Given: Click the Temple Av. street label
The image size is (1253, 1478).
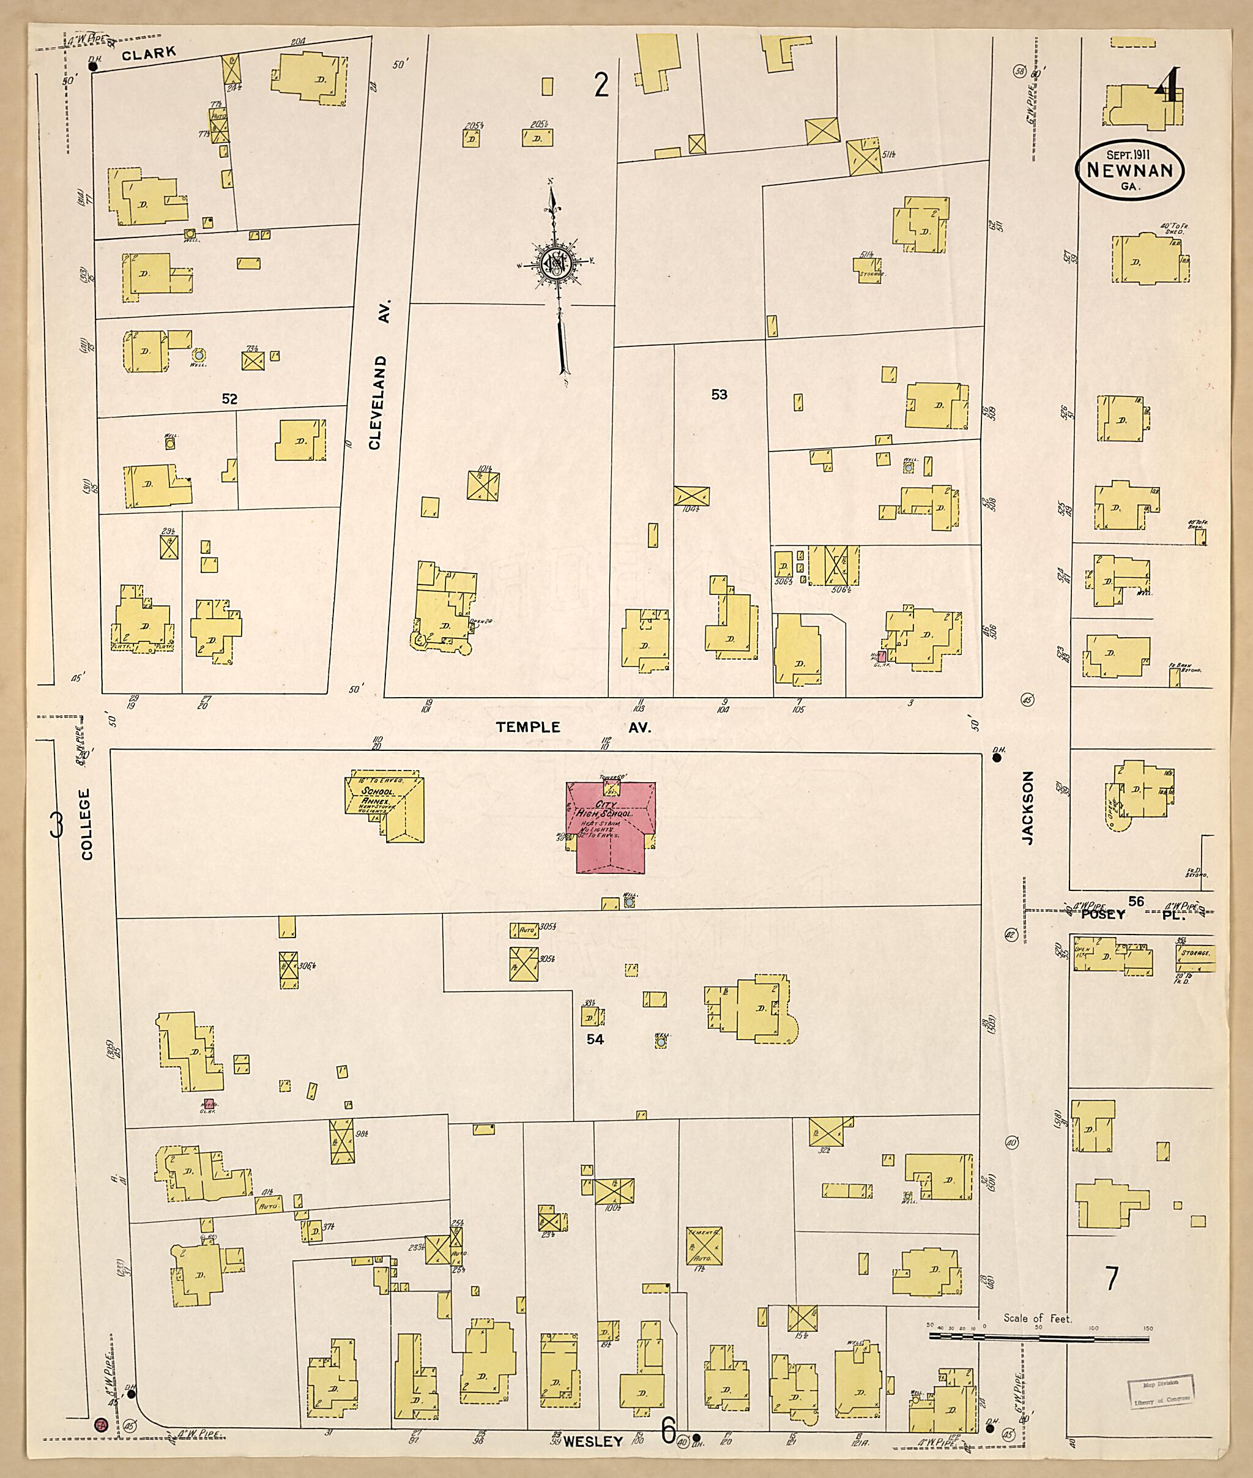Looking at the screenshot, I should coord(573,727).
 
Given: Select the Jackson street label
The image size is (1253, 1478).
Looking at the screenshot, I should coord(1027,808).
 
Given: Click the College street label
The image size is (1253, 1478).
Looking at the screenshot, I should coord(87,824).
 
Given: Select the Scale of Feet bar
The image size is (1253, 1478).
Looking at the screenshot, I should coord(1038,1338).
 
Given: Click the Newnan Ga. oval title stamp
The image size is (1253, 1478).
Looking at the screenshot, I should coord(1129,171).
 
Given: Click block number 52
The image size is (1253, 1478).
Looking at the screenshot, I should coord(229,400).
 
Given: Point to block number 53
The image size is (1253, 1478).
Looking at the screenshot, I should coord(719,394).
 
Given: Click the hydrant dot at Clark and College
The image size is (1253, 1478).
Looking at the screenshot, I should coord(92,67).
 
